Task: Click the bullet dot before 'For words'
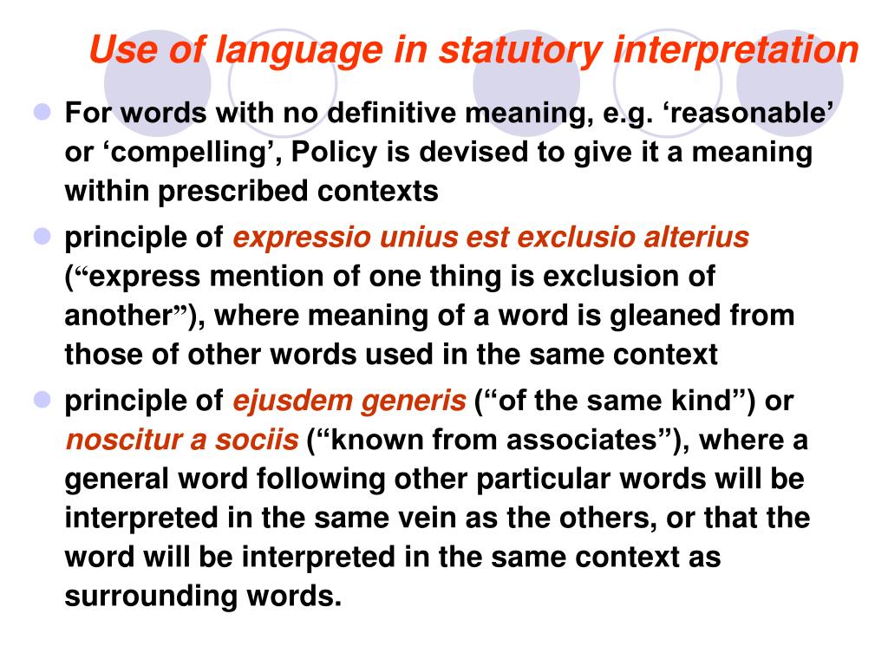coord(44,113)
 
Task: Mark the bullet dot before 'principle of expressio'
coord(44,237)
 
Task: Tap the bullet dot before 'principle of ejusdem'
coord(44,401)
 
